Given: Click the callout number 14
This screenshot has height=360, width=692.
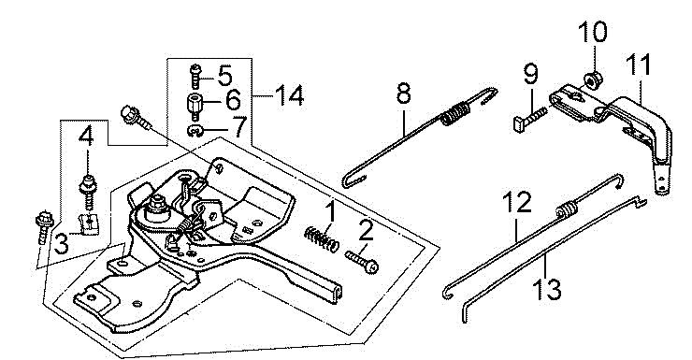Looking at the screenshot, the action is tap(289, 95).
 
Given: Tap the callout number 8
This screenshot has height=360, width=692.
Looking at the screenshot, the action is tap(404, 94).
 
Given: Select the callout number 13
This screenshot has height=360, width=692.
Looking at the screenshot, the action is tap(546, 289).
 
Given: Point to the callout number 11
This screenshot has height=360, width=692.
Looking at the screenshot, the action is tap(639, 65).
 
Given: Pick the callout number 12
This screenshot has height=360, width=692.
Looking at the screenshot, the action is tap(517, 202).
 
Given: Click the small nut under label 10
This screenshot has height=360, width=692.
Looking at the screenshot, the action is tap(590, 79).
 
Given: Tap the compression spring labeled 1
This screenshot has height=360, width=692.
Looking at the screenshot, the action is tap(322, 238).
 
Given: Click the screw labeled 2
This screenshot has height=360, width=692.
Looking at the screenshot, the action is tap(362, 261).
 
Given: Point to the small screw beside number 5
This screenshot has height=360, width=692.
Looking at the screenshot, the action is tap(195, 77).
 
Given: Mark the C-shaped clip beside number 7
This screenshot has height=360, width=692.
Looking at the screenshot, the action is tap(195, 131).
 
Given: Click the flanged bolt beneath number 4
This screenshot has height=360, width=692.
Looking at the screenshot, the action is tap(87, 189).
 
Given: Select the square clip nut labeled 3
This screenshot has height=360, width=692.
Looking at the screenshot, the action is tap(90, 223).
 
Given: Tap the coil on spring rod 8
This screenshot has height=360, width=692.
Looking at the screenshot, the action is tap(454, 113).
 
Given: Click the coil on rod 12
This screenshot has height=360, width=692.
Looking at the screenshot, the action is tap(566, 209).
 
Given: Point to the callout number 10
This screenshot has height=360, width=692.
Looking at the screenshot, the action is tap(593, 32).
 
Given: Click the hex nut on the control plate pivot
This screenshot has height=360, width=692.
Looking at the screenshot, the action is tap(156, 204).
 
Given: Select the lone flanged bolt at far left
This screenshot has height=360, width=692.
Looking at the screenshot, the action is tap(43, 227).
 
